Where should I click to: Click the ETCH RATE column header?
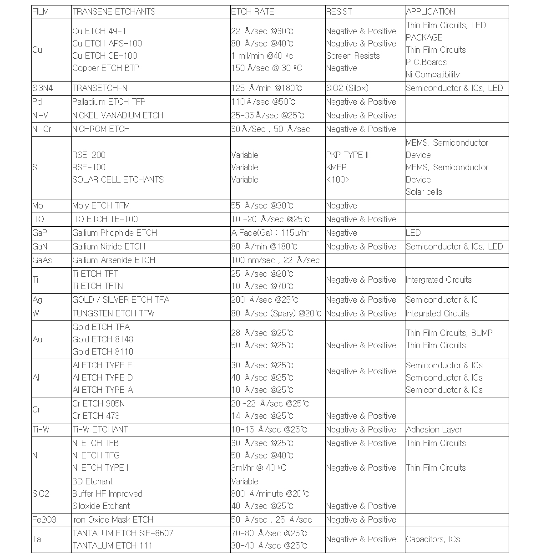pos(253,12)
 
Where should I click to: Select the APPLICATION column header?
pos(430,12)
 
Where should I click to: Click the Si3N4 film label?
pos(42,88)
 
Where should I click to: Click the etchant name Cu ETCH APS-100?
pos(107,44)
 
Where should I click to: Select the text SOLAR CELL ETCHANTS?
pos(118,180)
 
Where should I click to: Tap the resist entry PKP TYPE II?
pos(348,155)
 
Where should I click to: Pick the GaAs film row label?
pos(42,260)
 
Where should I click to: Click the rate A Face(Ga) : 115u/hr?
pos(270,233)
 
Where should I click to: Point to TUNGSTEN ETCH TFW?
pos(113,314)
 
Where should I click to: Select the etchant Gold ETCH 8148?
pos(103,340)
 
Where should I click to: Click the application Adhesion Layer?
pos(434,430)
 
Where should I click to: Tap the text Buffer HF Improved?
pos(107,494)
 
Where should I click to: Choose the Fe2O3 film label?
pos(44,520)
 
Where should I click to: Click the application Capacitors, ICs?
pos(433,539)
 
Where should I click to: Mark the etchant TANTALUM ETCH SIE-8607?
pos(123,534)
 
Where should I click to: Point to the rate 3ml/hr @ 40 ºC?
pos(258,468)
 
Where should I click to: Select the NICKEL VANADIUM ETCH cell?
pos(118,116)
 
